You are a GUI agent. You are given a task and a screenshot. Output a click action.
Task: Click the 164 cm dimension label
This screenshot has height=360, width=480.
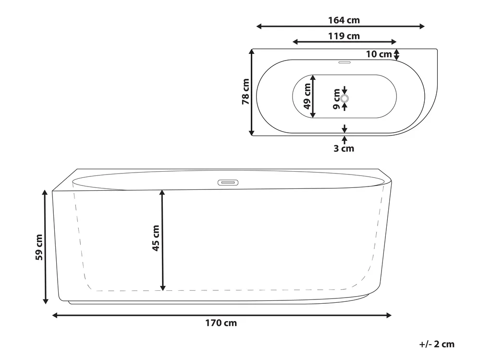pyautogui.click(x=344, y=20)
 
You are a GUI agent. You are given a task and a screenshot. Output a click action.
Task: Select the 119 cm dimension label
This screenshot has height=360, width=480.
pyautogui.click(x=344, y=36)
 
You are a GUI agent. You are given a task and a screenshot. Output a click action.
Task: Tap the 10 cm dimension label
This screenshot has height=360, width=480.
pyautogui.click(x=379, y=54)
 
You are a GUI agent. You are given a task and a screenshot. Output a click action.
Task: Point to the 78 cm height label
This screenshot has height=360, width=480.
pyautogui.click(x=246, y=91)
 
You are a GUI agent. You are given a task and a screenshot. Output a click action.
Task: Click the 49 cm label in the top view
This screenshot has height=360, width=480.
pyautogui.click(x=307, y=96)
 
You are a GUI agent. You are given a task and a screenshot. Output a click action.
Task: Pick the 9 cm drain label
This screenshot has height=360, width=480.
pyautogui.click(x=336, y=99)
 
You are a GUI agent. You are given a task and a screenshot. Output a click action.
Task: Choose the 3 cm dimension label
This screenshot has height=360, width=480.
pyautogui.click(x=344, y=149)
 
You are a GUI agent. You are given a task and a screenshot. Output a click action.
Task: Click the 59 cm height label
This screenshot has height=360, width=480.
pyautogui.click(x=39, y=247)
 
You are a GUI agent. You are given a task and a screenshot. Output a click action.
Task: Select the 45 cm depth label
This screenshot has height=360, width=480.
pyautogui.click(x=156, y=238)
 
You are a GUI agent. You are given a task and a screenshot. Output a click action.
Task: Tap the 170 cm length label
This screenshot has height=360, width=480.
pyautogui.click(x=221, y=323)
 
